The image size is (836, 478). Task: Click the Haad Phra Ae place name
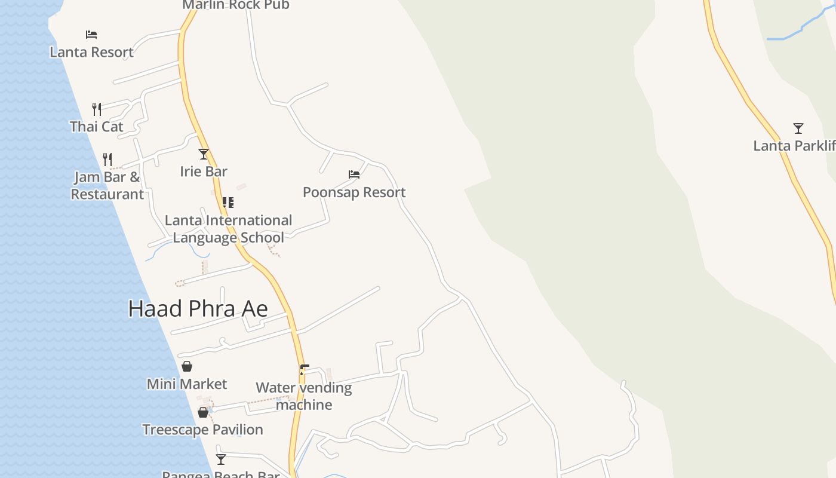(x=198, y=308)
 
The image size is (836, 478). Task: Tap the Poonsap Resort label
(x=354, y=192)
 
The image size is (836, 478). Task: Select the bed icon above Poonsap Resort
(x=354, y=174)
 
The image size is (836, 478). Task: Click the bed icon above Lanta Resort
(x=91, y=35)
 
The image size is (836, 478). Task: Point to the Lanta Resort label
(x=91, y=52)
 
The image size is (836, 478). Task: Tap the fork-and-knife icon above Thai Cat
(x=97, y=109)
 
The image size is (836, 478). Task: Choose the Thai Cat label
(x=97, y=127)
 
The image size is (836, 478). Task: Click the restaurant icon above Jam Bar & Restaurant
(x=107, y=159)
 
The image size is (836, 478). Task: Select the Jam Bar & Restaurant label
(x=107, y=185)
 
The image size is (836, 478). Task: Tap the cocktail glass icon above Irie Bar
(x=204, y=154)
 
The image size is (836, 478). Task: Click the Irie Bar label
(x=204, y=171)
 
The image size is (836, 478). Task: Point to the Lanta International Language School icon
(x=228, y=203)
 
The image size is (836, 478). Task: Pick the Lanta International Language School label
(x=229, y=229)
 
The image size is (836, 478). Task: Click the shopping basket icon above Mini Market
(x=187, y=366)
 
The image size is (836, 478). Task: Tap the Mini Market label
(x=187, y=384)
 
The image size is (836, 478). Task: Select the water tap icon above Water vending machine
(x=304, y=370)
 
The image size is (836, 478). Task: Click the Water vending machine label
(x=304, y=396)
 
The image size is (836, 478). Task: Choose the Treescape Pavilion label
(x=202, y=430)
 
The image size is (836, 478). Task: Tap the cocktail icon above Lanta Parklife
(x=798, y=128)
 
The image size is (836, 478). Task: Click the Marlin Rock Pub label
(x=236, y=5)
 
